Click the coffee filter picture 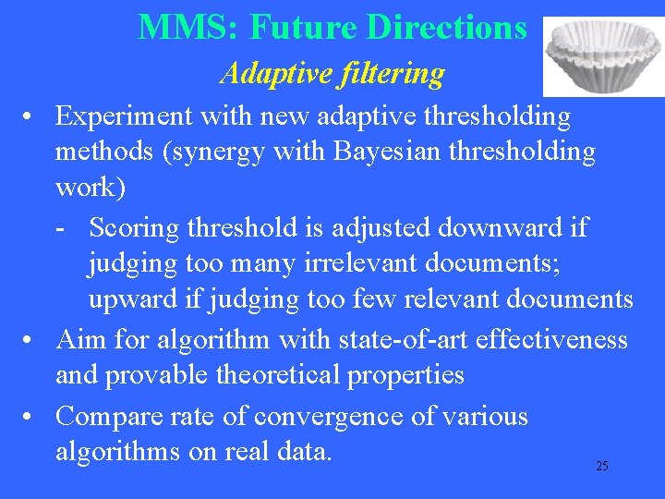pos(600,55)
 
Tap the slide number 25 pos(601,466)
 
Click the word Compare pos(110,416)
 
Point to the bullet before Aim pos(31,339)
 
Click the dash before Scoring pos(60,227)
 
